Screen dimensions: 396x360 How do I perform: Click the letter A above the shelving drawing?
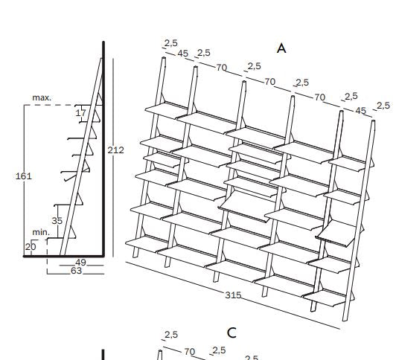[x=281, y=48]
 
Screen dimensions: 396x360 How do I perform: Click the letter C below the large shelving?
[x=231, y=333]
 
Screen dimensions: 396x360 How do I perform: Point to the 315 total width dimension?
[x=233, y=295]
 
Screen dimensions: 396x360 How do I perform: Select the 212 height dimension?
[x=116, y=150]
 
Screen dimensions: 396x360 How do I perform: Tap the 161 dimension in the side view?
[x=24, y=176]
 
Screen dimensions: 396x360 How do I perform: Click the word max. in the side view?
[x=42, y=98]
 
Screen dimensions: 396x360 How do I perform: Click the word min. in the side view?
[x=41, y=232]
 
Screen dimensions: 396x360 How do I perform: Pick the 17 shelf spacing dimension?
[x=81, y=113]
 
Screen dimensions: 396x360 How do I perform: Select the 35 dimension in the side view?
[x=57, y=221]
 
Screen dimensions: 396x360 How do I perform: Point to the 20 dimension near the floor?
[x=31, y=247]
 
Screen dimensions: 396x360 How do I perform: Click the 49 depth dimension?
[x=81, y=263]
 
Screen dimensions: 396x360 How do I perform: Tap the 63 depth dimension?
[x=76, y=271]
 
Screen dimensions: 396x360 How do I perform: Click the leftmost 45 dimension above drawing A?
[x=183, y=54]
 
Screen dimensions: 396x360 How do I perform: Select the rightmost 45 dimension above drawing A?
[x=360, y=111]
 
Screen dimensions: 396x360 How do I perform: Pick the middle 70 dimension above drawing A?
[x=269, y=82]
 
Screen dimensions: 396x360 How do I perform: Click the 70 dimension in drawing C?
[x=189, y=351]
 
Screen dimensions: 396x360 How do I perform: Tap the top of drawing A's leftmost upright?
[x=164, y=59]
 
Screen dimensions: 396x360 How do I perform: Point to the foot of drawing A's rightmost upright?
[x=345, y=320]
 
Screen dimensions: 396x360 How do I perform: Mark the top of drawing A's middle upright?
[x=244, y=82]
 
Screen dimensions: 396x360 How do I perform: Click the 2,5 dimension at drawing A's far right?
[x=383, y=106]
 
